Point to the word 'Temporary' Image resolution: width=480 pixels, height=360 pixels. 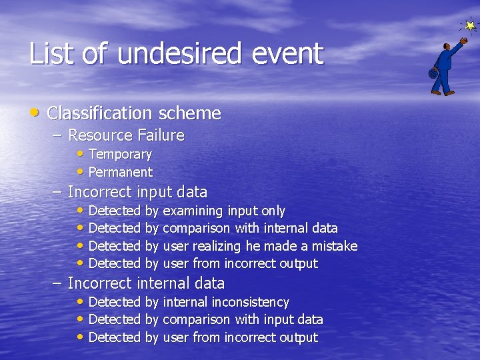coord(120,155)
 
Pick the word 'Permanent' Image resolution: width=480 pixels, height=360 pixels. coord(120,172)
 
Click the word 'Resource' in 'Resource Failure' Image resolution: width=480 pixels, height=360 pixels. coord(100,135)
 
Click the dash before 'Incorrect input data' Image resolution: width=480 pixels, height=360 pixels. coord(58,192)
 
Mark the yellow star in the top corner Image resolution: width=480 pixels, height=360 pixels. coord(470,26)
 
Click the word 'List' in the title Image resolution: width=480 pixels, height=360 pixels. coord(52,53)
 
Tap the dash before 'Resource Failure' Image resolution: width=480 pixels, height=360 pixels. coord(58,135)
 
